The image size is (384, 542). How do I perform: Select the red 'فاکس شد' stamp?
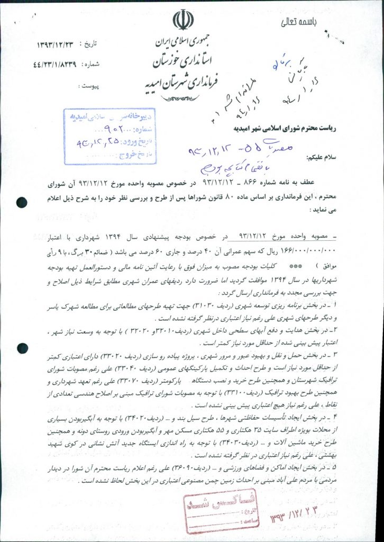208,511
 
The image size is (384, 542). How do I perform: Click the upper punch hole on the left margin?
22,201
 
